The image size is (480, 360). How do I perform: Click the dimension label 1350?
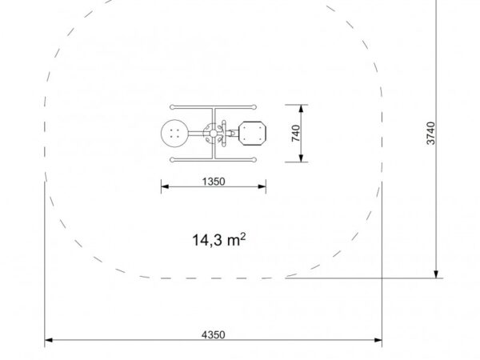pyautogui.click(x=214, y=182)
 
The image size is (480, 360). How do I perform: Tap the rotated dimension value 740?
pyautogui.click(x=296, y=133)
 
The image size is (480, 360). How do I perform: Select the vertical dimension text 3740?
pyautogui.click(x=430, y=133)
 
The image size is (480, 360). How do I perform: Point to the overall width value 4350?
pyautogui.click(x=214, y=334)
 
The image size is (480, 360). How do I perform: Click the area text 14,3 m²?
pyautogui.click(x=219, y=239)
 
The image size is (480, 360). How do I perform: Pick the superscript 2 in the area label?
pyautogui.click(x=242, y=236)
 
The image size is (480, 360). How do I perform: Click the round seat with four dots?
pyautogui.click(x=174, y=134)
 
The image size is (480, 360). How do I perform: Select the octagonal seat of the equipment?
pyautogui.click(x=252, y=133)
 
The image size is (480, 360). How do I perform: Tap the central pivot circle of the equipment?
pyautogui.click(x=214, y=134)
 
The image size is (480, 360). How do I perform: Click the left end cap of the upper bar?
pyautogui.click(x=172, y=107)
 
